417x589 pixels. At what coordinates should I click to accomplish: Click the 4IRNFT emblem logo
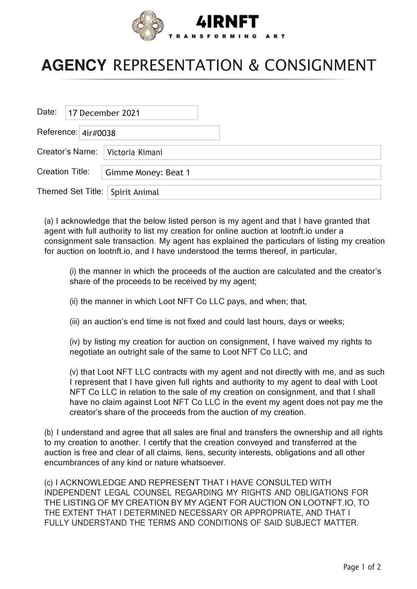(x=148, y=26)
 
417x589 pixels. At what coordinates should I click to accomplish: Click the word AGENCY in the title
(x=74, y=66)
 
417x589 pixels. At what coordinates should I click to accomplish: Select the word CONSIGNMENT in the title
(x=320, y=66)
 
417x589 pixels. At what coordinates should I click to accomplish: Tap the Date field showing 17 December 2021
(x=131, y=113)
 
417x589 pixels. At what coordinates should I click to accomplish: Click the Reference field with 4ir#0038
(x=149, y=133)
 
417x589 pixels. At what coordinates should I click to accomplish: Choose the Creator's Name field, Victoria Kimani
(x=242, y=152)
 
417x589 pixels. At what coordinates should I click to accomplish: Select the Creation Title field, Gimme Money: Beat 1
(x=241, y=172)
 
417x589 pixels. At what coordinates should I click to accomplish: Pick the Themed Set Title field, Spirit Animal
(x=244, y=192)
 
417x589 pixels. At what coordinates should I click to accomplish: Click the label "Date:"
(x=47, y=112)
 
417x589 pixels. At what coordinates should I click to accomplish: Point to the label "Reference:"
(x=57, y=132)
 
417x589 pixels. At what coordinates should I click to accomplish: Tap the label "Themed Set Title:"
(x=70, y=191)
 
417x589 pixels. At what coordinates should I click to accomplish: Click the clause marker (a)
(x=49, y=221)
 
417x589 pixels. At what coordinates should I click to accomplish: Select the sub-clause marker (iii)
(x=75, y=322)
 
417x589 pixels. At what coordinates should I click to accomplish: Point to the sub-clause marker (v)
(x=74, y=372)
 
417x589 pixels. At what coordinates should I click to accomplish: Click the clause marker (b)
(x=49, y=432)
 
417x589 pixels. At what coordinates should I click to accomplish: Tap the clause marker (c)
(x=49, y=483)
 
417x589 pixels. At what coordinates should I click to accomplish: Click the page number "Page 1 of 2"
(x=362, y=567)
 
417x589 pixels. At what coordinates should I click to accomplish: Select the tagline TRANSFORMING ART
(x=227, y=36)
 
